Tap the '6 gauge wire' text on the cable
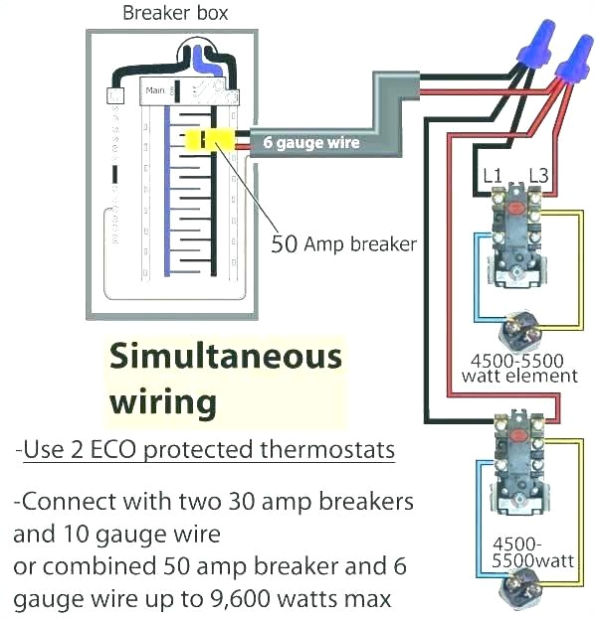pyautogui.click(x=310, y=143)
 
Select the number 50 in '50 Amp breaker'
pyautogui.click(x=285, y=243)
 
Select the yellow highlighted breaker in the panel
pyautogui.click(x=210, y=140)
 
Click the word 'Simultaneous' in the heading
pyautogui.click(x=224, y=357)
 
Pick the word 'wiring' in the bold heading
pyautogui.click(x=161, y=401)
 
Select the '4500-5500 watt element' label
pyautogui.click(x=519, y=368)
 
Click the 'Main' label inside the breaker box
pyautogui.click(x=156, y=92)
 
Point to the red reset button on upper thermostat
pyautogui.click(x=515, y=205)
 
